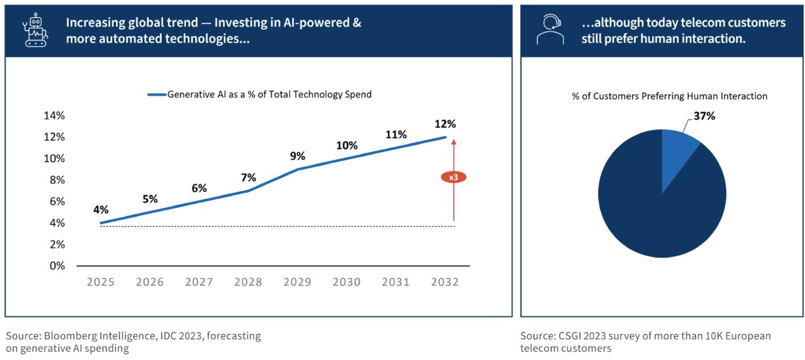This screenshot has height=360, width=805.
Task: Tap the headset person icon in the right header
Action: [549, 30]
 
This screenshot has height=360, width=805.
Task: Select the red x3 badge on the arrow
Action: [453, 177]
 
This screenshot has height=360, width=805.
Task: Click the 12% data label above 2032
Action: [445, 124]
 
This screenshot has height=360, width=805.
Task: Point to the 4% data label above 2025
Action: [101, 210]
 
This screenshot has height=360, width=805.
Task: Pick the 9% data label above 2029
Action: [297, 156]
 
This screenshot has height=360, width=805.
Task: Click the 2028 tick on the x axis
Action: [248, 282]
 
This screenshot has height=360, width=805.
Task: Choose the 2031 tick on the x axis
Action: [396, 282]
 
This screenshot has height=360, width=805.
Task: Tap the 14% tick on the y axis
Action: [55, 115]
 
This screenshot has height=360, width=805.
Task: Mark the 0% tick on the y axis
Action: [57, 266]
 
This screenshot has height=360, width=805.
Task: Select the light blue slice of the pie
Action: [679, 152]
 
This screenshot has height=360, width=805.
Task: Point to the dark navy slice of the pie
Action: [659, 209]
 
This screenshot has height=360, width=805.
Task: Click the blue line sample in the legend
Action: [156, 94]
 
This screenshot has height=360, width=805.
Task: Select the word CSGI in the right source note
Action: [569, 336]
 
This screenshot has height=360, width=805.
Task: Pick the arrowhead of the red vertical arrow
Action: [454, 141]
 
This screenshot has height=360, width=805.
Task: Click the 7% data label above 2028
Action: [248, 177]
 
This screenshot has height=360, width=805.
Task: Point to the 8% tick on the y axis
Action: [57, 180]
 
